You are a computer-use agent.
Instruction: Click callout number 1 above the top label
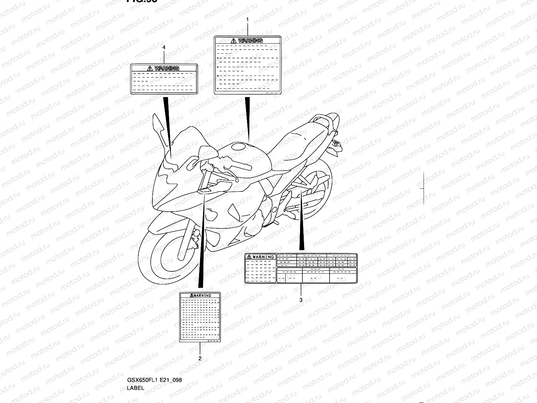247,19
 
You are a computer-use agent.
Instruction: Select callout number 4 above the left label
164,48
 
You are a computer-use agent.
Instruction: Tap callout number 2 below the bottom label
200,358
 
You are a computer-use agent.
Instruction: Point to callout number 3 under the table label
301,300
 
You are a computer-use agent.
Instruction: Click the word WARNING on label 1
250,41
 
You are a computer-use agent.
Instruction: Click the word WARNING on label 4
167,68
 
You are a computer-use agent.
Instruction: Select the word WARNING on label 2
202,296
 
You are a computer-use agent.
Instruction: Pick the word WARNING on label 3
263,257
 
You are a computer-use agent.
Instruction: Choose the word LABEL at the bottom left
136,388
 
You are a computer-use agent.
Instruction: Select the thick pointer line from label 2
202,242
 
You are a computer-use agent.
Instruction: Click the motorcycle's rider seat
299,141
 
